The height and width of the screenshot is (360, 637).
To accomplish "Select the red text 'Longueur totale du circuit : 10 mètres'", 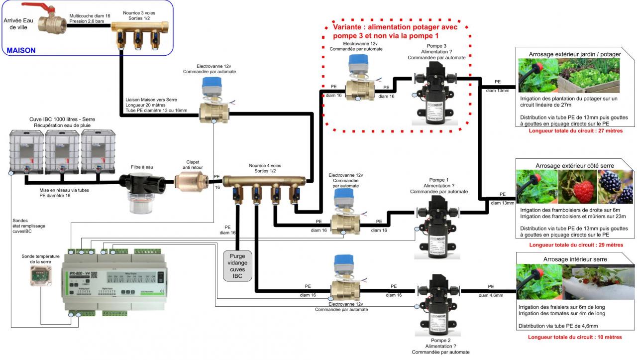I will pos(575,337).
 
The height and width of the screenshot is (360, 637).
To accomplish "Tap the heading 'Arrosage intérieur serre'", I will pos(575,259).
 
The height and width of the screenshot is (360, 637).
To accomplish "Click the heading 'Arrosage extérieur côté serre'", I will pos(575,165).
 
